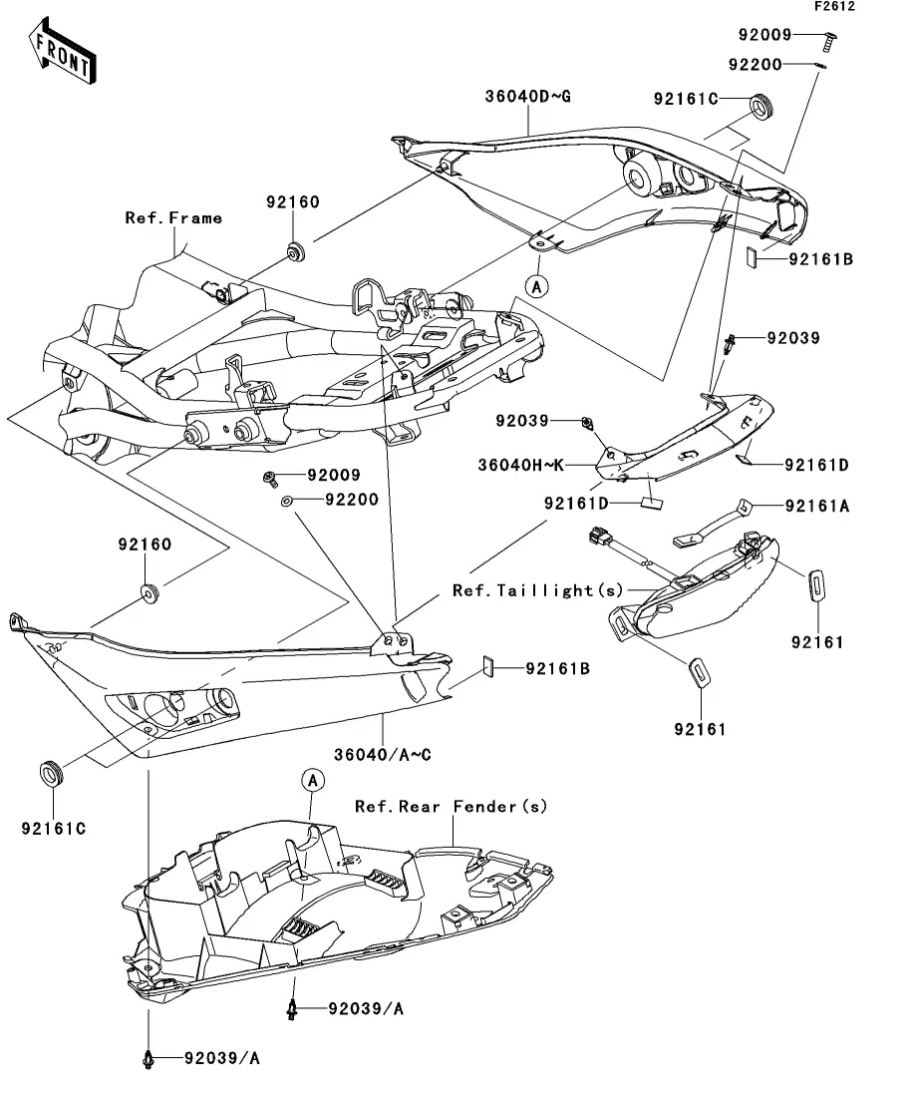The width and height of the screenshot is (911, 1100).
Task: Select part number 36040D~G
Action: click(x=527, y=97)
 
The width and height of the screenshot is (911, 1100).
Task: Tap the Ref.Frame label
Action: click(x=173, y=217)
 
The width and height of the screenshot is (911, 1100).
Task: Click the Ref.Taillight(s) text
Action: click(x=523, y=590)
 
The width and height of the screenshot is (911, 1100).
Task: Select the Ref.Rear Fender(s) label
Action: click(x=452, y=806)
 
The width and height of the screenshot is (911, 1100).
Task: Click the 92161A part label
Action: click(x=817, y=506)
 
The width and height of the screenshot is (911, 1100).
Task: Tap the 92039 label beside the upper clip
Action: click(x=793, y=338)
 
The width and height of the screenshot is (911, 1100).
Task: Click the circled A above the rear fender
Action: click(x=312, y=779)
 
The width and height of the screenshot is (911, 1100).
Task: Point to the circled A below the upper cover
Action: click(x=537, y=286)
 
